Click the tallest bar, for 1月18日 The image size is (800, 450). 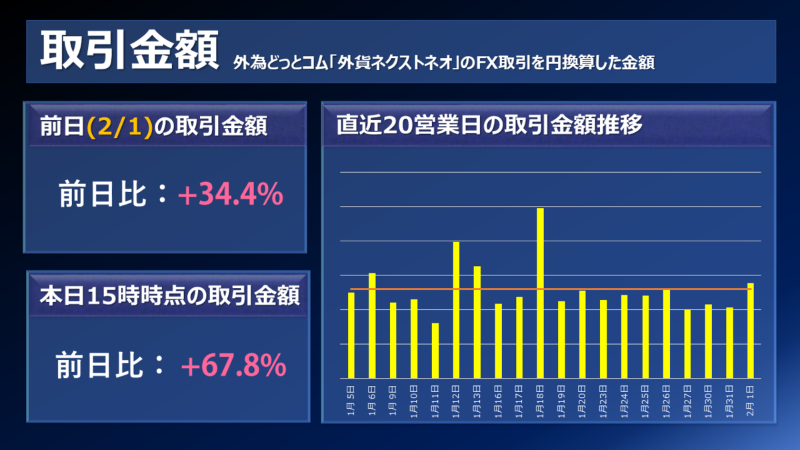540,293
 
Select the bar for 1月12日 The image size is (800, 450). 456,310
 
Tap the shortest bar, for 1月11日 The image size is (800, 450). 435,351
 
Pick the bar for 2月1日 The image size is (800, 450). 751,331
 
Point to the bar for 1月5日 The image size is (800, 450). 351,335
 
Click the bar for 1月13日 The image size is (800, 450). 477,322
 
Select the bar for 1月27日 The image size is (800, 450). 687,344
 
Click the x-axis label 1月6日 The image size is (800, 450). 372,401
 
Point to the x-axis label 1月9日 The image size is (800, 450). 393,401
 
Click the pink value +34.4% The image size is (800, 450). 231,194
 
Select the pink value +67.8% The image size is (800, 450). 233,365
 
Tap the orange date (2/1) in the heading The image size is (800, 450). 120,126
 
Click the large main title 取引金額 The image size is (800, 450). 129,49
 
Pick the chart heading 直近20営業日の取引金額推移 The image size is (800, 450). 489,125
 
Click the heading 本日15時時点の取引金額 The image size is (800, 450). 169,296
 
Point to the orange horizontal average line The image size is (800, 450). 551,289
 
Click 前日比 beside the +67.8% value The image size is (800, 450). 99,365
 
